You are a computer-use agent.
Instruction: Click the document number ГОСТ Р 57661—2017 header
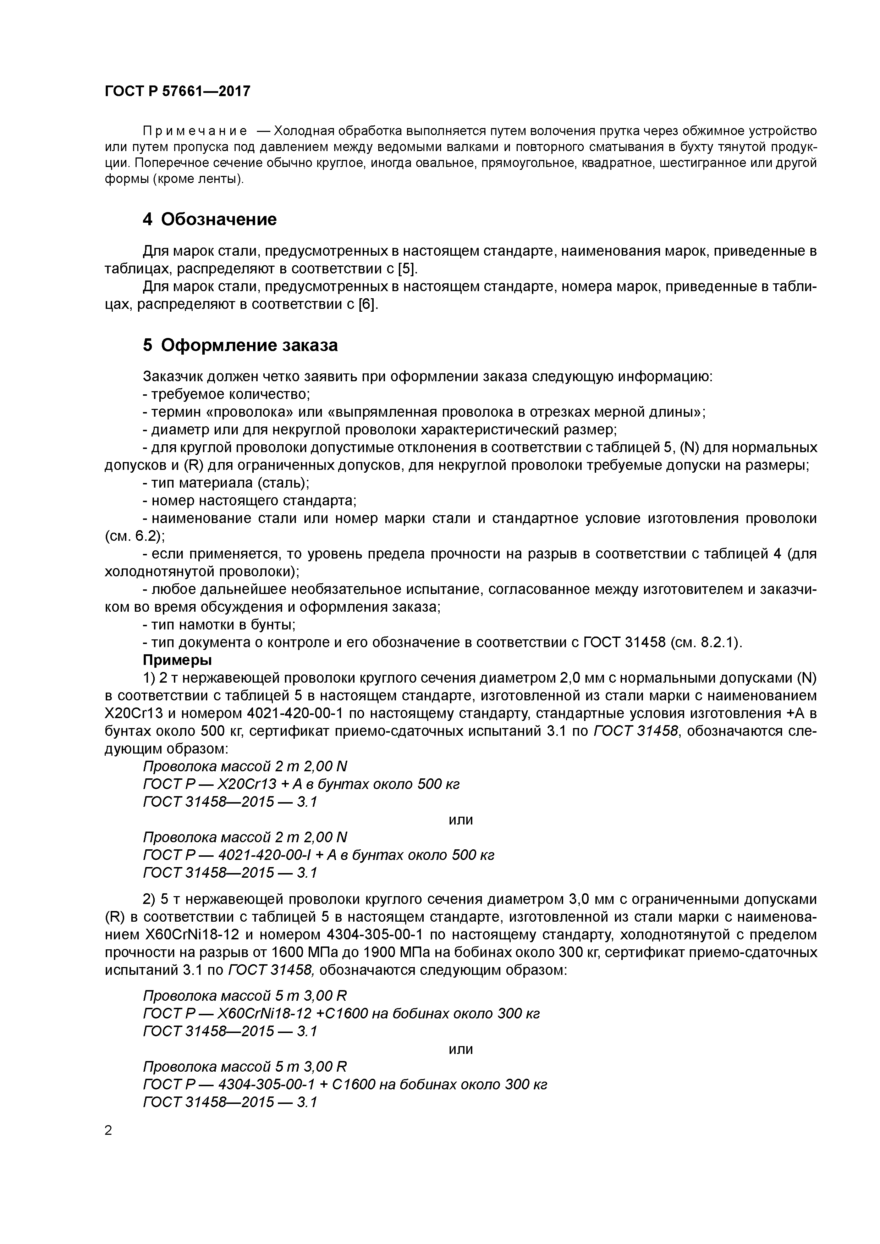tap(177, 91)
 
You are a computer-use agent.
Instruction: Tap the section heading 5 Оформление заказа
tap(240, 345)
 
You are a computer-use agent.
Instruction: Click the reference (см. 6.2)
tap(134, 536)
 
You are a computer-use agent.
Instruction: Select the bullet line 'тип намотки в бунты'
tap(219, 625)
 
